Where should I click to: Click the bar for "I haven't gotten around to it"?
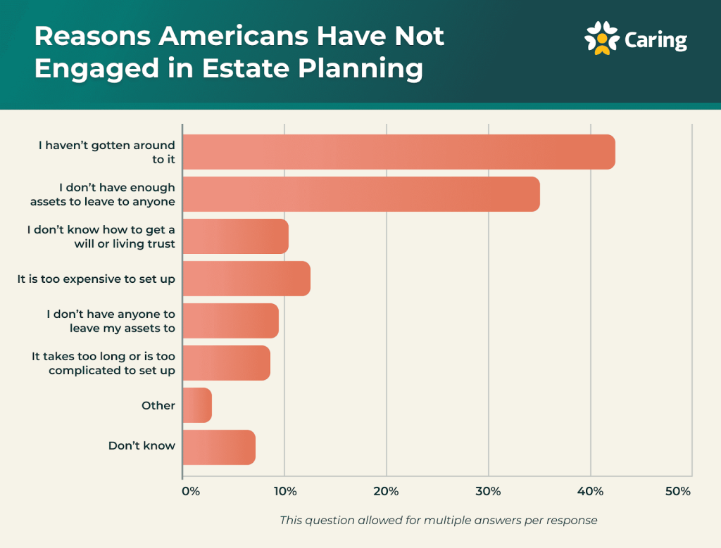tap(399, 152)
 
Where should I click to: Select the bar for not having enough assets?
tap(360, 194)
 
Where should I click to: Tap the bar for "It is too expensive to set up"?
tap(246, 279)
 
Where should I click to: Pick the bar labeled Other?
tap(197, 405)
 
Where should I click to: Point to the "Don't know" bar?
tap(219, 447)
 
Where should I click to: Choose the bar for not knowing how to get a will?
tap(235, 236)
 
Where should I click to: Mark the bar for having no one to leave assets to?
tap(230, 321)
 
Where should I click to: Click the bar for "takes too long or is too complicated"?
tap(226, 363)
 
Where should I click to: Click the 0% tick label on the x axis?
tap(190, 491)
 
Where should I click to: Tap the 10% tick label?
tap(284, 491)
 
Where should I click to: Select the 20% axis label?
tap(387, 491)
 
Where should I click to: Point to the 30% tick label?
tap(488, 491)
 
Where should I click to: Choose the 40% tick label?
tap(590, 491)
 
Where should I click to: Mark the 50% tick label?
tap(677, 491)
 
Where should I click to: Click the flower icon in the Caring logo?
tap(601, 38)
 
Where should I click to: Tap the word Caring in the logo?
tap(656, 40)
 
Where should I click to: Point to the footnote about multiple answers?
tap(438, 521)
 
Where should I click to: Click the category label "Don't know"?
tap(142, 446)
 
